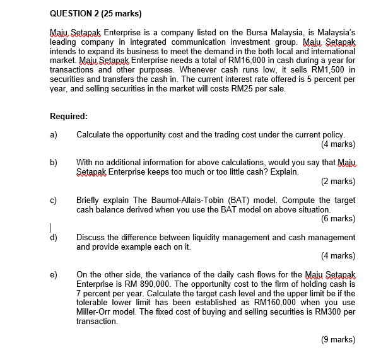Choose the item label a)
[54, 134]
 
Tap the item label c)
[54, 199]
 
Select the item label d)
[54, 237]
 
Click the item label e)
[54, 274]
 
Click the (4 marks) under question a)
[338, 144]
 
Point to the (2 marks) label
[338, 181]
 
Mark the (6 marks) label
[338, 219]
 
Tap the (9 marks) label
[338, 339]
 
